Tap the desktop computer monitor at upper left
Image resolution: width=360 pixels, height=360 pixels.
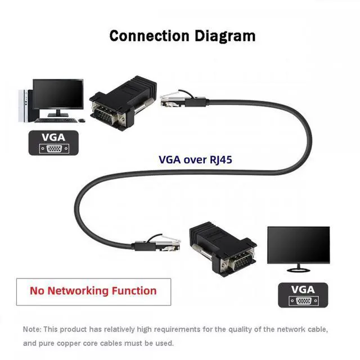pos(57,95)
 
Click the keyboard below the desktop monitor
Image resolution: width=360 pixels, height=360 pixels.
pos(55,119)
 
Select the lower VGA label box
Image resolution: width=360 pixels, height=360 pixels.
pos(302,294)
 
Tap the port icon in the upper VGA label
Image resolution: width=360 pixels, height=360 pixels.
pos(53,148)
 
